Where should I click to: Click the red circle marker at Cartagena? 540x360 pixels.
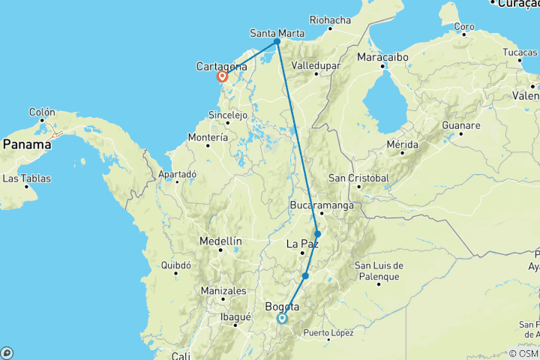223,76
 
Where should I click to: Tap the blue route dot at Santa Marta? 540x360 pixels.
277,41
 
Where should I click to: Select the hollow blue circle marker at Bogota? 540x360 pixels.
282,319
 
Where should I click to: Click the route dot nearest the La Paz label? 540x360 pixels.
317,234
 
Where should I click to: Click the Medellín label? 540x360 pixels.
220,241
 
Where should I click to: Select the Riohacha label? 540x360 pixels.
330,20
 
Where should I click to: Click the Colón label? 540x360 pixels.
42,112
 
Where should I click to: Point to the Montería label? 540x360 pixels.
208,138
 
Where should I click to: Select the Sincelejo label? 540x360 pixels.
227,115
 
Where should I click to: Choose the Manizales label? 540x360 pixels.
223,291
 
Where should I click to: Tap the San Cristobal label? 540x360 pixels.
359,178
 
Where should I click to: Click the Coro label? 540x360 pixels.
464,27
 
